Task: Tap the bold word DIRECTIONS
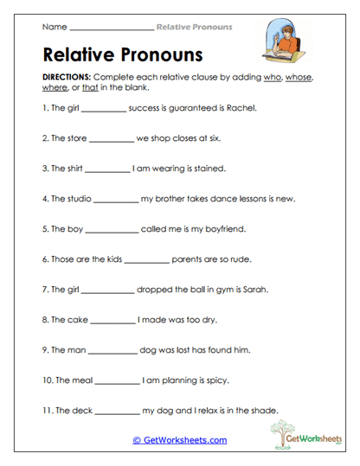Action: pos(66,78)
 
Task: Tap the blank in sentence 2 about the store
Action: pos(112,138)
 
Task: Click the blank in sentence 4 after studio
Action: pos(114,199)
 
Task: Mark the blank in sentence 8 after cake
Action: pos(112,320)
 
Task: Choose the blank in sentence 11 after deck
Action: pos(118,410)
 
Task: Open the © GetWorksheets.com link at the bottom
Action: pos(179,439)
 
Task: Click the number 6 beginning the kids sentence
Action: pos(44,259)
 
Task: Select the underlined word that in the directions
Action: pos(90,87)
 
